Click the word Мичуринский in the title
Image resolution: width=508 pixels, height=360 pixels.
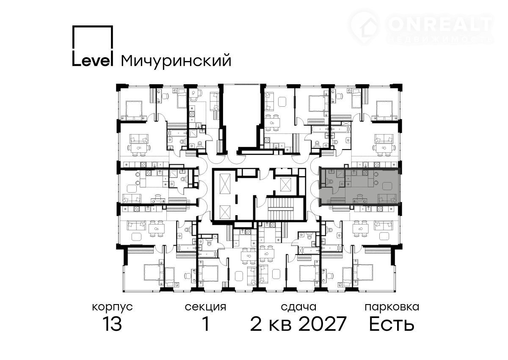176,61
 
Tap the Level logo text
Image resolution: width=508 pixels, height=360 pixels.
93,59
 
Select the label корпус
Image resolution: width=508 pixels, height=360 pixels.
112,307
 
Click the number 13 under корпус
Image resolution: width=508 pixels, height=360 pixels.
112,324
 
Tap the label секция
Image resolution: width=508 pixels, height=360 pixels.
205,307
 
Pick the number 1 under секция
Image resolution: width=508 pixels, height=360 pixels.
206,324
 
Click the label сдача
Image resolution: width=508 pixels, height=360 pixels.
298,307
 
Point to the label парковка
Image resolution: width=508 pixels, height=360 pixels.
392,307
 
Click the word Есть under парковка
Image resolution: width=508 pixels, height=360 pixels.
392,324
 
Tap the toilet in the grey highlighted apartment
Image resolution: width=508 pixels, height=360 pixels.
329,181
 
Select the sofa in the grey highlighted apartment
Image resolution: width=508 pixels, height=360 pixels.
387,199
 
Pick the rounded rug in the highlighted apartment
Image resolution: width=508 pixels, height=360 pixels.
387,186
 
